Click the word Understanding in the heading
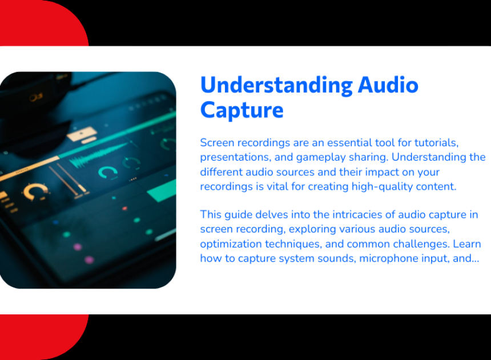[276, 86]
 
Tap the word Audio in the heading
[388, 85]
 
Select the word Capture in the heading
[242, 110]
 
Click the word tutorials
[437, 143]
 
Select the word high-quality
[382, 187]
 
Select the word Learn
[467, 244]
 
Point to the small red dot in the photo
[124, 209]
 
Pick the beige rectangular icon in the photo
[82, 134]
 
